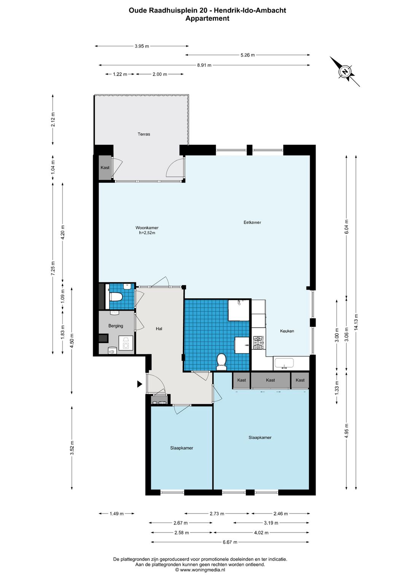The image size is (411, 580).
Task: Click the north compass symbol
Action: (x=345, y=71)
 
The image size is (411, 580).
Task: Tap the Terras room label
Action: (x=143, y=134)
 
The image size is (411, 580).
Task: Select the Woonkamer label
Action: (x=147, y=228)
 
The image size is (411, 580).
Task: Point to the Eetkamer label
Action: (x=252, y=222)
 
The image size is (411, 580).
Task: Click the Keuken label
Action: (x=287, y=331)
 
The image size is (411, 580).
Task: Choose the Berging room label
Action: (x=116, y=326)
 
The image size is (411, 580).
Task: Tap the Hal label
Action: (x=159, y=329)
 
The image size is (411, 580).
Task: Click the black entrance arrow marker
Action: (x=140, y=384)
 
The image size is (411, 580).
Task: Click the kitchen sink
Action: (x=284, y=363)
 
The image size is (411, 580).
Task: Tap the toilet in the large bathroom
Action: (x=221, y=362)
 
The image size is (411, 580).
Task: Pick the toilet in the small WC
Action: (x=116, y=297)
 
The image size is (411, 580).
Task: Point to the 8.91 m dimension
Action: (x=204, y=65)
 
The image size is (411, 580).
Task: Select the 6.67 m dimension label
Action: (x=230, y=542)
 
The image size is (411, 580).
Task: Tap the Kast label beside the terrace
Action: (x=105, y=168)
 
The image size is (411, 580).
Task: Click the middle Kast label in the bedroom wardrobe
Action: (x=270, y=380)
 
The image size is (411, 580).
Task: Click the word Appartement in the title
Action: (x=207, y=18)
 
